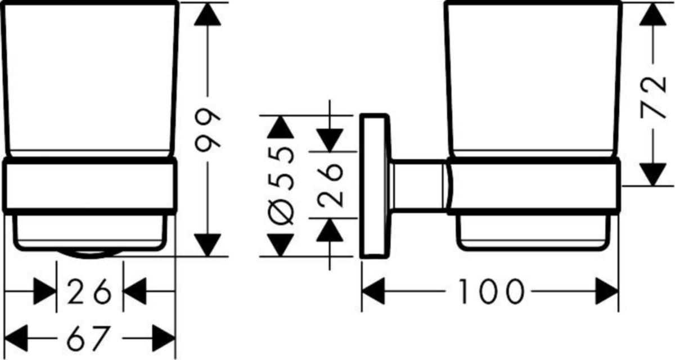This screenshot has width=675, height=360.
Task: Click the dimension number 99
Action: (x=208, y=130)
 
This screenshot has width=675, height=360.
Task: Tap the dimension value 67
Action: (x=87, y=338)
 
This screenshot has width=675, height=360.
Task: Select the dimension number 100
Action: (x=491, y=291)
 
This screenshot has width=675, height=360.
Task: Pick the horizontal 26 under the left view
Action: (x=89, y=291)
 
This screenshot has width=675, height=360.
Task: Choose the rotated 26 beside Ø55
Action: (x=330, y=184)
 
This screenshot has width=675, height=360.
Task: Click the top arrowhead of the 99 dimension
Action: (x=208, y=14)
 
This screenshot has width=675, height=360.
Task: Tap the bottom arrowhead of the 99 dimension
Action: (x=208, y=245)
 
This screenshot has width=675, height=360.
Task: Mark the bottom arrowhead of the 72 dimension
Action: (x=653, y=175)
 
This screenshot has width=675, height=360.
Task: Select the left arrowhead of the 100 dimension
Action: (x=373, y=291)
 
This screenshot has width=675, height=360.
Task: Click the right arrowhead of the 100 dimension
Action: (x=607, y=291)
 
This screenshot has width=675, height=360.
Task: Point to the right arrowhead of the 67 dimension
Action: (x=164, y=338)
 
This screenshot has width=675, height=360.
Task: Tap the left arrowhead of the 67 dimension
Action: (x=16, y=338)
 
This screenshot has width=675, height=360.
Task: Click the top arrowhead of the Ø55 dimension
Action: (x=281, y=127)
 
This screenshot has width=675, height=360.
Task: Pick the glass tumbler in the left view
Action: (x=89, y=79)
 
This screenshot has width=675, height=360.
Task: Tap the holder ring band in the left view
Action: (x=89, y=186)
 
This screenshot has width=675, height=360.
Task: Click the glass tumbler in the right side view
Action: (x=533, y=79)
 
